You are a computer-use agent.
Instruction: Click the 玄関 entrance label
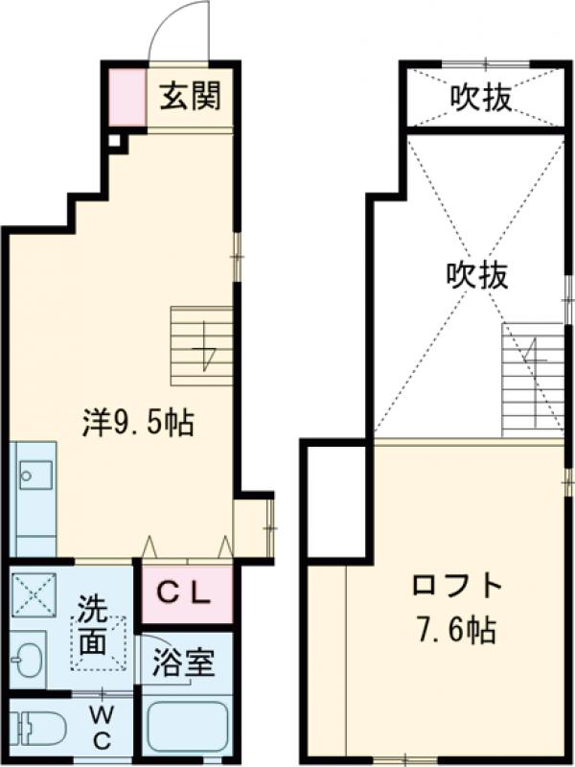point(190,96)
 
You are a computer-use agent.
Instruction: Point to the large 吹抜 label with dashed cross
point(476,276)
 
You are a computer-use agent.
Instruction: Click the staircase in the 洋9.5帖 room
point(202,345)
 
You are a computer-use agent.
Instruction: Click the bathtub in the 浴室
point(186,729)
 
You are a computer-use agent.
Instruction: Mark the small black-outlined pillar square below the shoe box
point(115,143)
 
